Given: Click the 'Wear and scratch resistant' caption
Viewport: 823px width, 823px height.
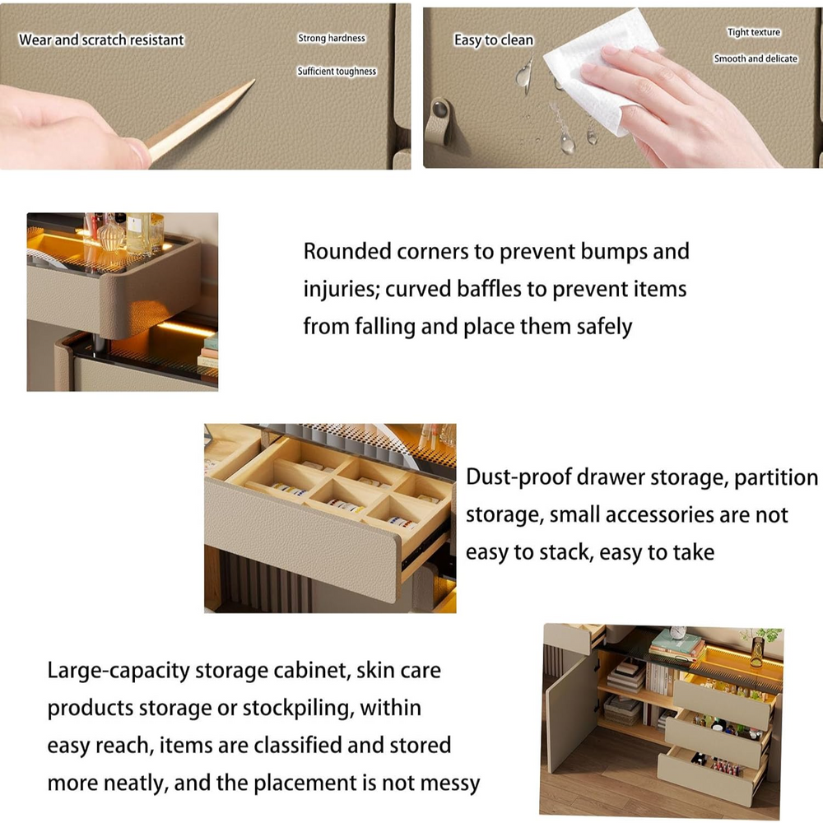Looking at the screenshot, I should pos(101,40).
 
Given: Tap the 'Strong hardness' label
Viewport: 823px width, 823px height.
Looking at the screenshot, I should pos(332,39).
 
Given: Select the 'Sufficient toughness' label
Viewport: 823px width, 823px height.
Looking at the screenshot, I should pos(337,72).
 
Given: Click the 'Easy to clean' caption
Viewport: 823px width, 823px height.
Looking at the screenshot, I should pos(494,40).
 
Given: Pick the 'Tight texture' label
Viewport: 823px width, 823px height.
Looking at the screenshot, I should pos(754,33).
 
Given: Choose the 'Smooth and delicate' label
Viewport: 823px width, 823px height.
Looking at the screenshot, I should pos(756,59).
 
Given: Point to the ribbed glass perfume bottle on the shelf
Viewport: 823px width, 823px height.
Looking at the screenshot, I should pos(111,235).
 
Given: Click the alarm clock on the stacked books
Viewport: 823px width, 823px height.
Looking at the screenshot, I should pos(679,633).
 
